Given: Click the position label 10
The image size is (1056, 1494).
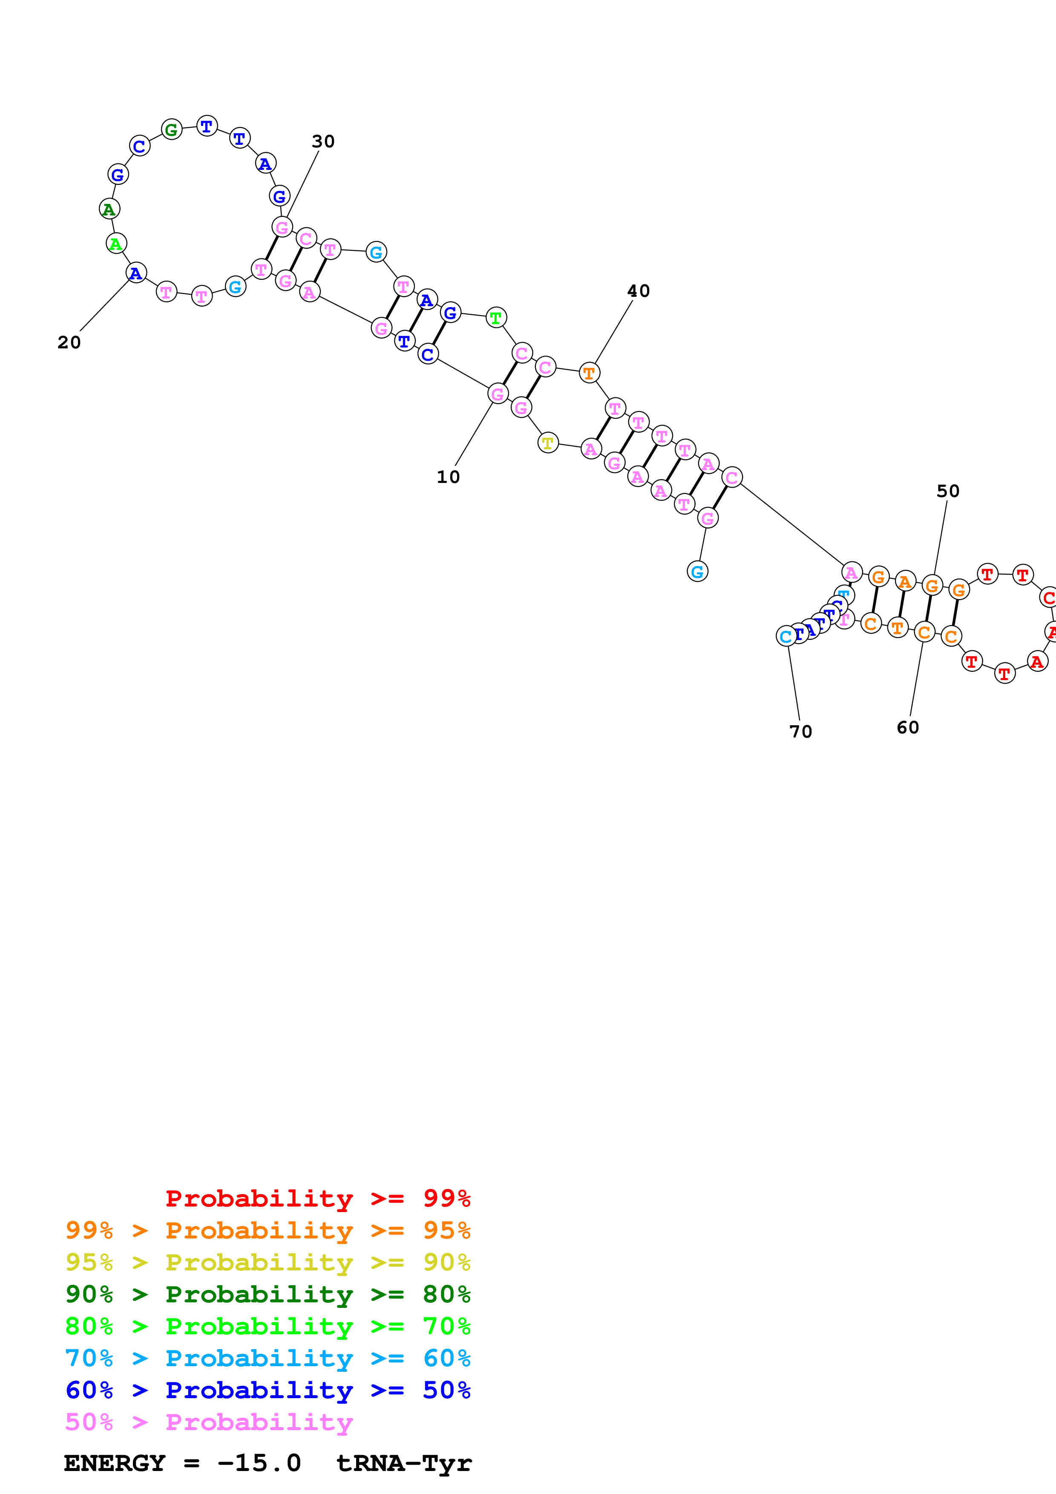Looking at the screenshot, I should pyautogui.click(x=448, y=477).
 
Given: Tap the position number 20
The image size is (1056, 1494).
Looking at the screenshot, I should pyautogui.click(x=69, y=342).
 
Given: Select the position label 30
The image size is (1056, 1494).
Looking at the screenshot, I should pyautogui.click(x=323, y=141).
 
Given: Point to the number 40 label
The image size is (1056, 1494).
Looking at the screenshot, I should pyautogui.click(x=638, y=291).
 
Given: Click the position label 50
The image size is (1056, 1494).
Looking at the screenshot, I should pyautogui.click(x=948, y=491).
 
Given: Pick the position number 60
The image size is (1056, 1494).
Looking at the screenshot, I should pyautogui.click(x=908, y=727).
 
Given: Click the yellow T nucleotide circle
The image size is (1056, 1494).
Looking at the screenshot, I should pyautogui.click(x=548, y=443).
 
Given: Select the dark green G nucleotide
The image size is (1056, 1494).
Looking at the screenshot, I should pyautogui.click(x=171, y=129).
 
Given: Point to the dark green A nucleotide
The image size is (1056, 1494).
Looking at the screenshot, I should pyautogui.click(x=109, y=210).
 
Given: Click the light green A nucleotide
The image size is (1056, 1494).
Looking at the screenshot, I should pyautogui.click(x=116, y=244).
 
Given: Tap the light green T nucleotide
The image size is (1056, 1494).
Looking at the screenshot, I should pyautogui.click(x=496, y=318).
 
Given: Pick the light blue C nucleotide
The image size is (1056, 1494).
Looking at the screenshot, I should pyautogui.click(x=786, y=636).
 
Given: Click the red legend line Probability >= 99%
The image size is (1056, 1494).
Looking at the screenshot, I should pyautogui.click(x=317, y=1198).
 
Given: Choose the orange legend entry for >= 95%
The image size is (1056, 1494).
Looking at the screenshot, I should pyautogui.click(x=268, y=1230).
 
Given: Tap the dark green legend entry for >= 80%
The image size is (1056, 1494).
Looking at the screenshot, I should pyautogui.click(x=268, y=1294).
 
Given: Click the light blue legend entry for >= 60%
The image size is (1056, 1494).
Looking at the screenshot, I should pyautogui.click(x=268, y=1358).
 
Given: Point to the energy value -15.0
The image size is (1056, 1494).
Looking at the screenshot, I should pyautogui.click(x=259, y=1463).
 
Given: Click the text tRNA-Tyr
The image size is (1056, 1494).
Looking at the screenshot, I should pyautogui.click(x=403, y=1463).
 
